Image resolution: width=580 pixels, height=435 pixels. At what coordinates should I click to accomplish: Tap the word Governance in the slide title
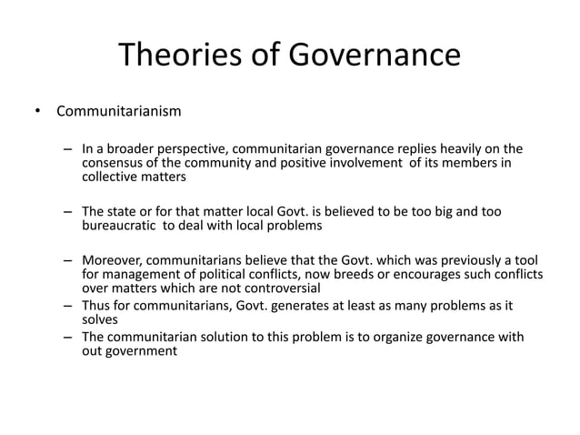(375, 56)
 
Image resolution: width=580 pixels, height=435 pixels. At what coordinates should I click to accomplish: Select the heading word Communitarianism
(118, 113)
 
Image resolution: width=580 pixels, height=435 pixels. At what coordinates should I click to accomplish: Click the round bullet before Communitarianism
(37, 113)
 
